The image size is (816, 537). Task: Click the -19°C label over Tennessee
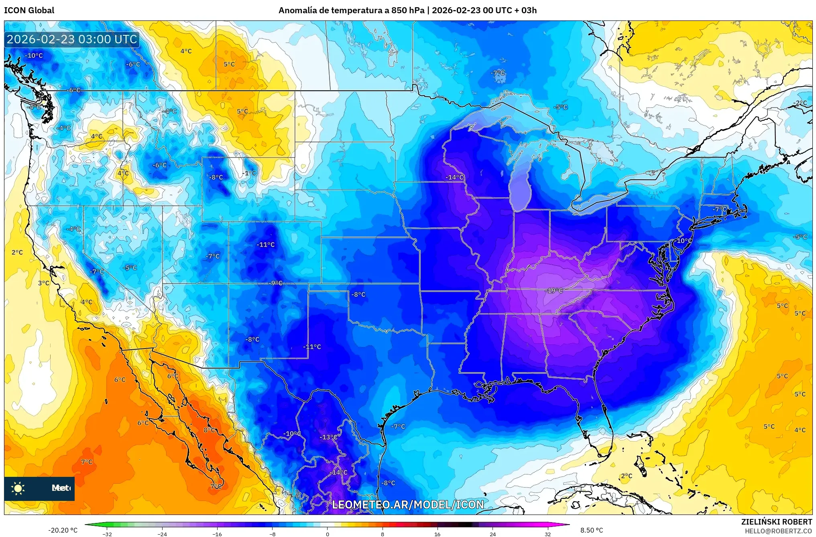tap(555, 290)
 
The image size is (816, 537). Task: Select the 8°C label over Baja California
tap(209, 430)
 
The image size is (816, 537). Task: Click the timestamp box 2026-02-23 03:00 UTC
tap(72, 39)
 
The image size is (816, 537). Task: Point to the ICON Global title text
tap(29, 10)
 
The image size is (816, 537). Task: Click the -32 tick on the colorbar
tap(107, 534)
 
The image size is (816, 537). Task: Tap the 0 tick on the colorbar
tap(328, 534)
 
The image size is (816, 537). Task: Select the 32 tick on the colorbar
tap(547, 534)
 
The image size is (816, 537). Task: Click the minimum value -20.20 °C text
tap(63, 530)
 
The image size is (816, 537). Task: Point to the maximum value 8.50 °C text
tap(592, 530)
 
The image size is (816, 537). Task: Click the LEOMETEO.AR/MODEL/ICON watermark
tap(408, 505)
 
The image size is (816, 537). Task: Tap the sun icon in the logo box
tap(18, 488)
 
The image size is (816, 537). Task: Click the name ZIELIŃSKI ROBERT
tap(776, 522)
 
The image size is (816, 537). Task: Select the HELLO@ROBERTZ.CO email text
tap(778, 531)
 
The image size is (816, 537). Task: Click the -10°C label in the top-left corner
tap(34, 55)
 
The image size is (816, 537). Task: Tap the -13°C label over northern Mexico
tap(328, 437)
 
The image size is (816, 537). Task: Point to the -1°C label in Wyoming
tap(249, 173)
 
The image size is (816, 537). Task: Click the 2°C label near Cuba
tap(627, 476)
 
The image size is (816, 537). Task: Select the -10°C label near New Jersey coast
tap(684, 241)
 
